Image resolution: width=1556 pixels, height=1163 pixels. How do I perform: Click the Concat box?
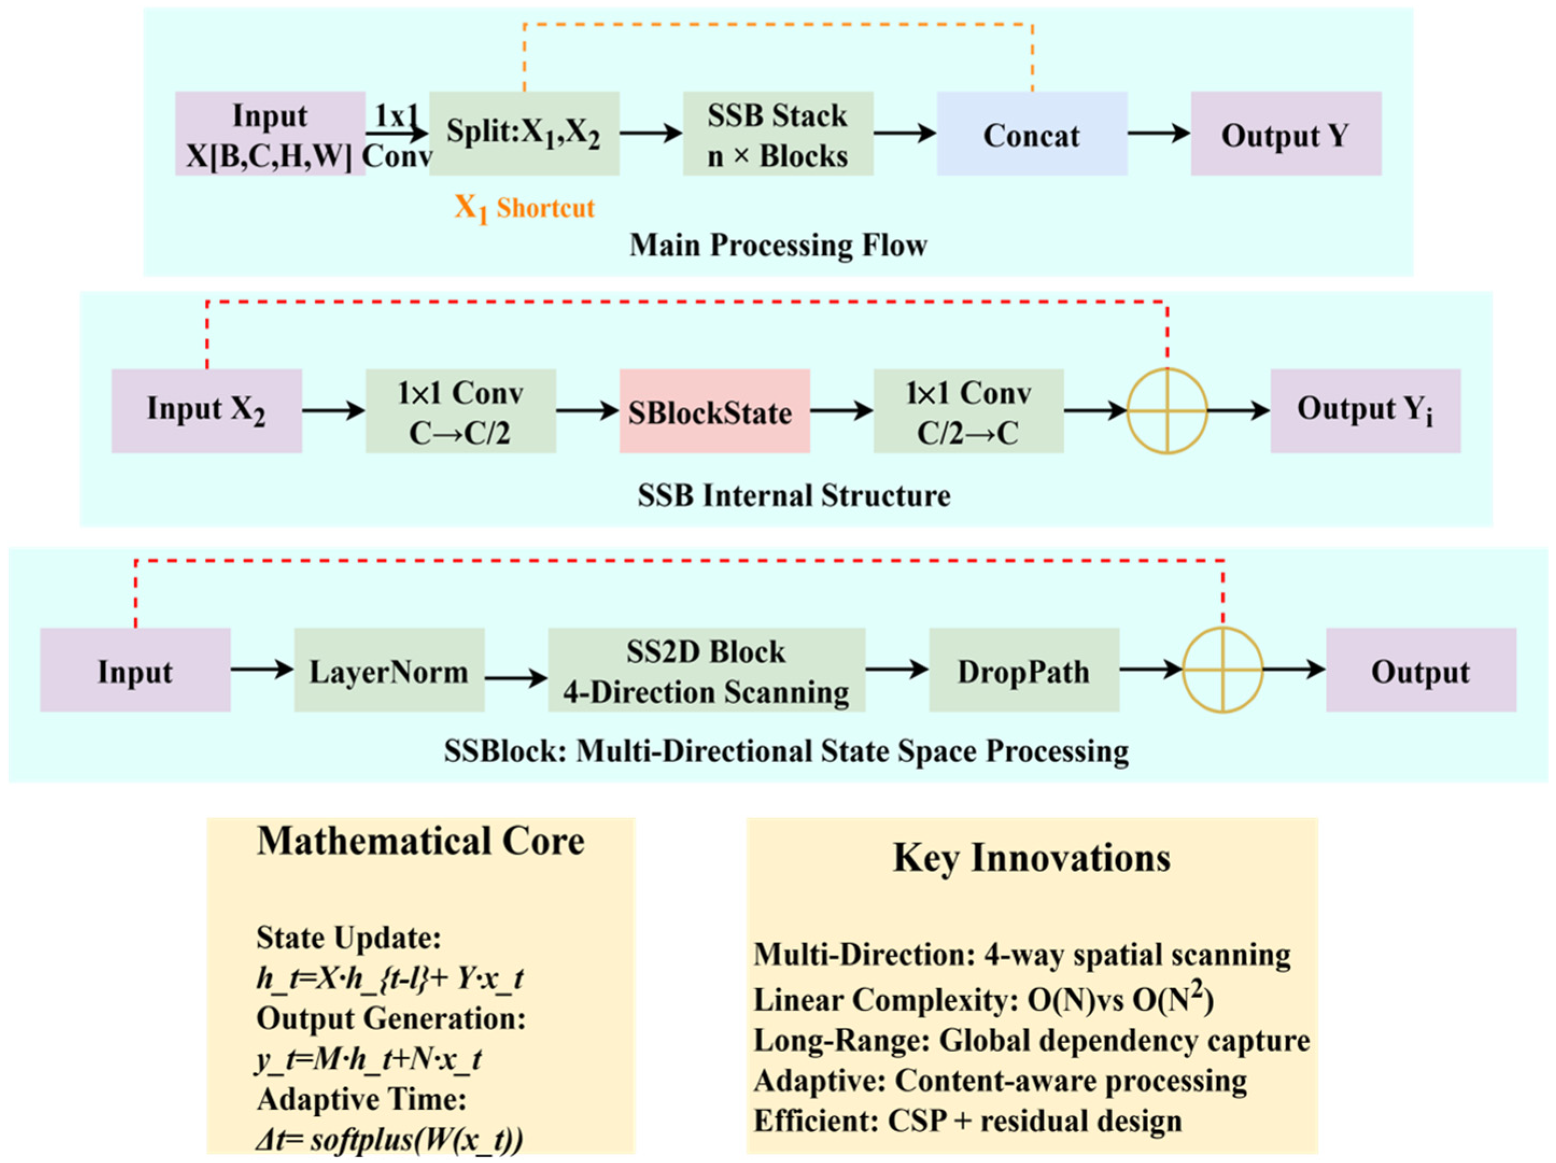(x=1031, y=133)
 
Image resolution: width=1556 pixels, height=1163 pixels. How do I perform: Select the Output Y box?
(x=1285, y=133)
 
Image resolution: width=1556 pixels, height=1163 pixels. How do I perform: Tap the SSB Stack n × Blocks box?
(x=777, y=133)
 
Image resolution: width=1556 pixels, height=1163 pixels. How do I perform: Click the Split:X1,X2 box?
(x=524, y=133)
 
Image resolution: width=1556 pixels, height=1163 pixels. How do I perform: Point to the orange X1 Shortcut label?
(x=524, y=208)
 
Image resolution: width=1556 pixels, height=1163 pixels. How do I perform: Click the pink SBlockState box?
(x=714, y=412)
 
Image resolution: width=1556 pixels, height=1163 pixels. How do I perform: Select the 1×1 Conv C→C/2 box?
(x=461, y=412)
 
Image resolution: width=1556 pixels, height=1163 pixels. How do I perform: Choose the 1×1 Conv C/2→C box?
(x=968, y=412)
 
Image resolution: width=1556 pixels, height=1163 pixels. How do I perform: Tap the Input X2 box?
(x=206, y=412)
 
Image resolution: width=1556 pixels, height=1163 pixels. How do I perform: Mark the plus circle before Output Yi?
(x=1166, y=412)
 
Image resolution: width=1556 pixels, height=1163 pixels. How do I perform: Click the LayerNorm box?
(x=388, y=670)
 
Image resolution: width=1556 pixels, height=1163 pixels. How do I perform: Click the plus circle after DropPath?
(x=1222, y=670)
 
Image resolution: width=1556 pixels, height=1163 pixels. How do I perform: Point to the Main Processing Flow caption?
(x=777, y=245)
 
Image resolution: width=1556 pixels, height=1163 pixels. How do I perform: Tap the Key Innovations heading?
(x=1031, y=858)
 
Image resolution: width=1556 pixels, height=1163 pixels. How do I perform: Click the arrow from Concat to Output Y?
(x=1158, y=133)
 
